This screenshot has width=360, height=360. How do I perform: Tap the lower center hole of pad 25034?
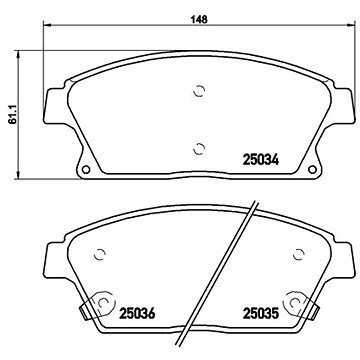(x=199, y=149)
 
